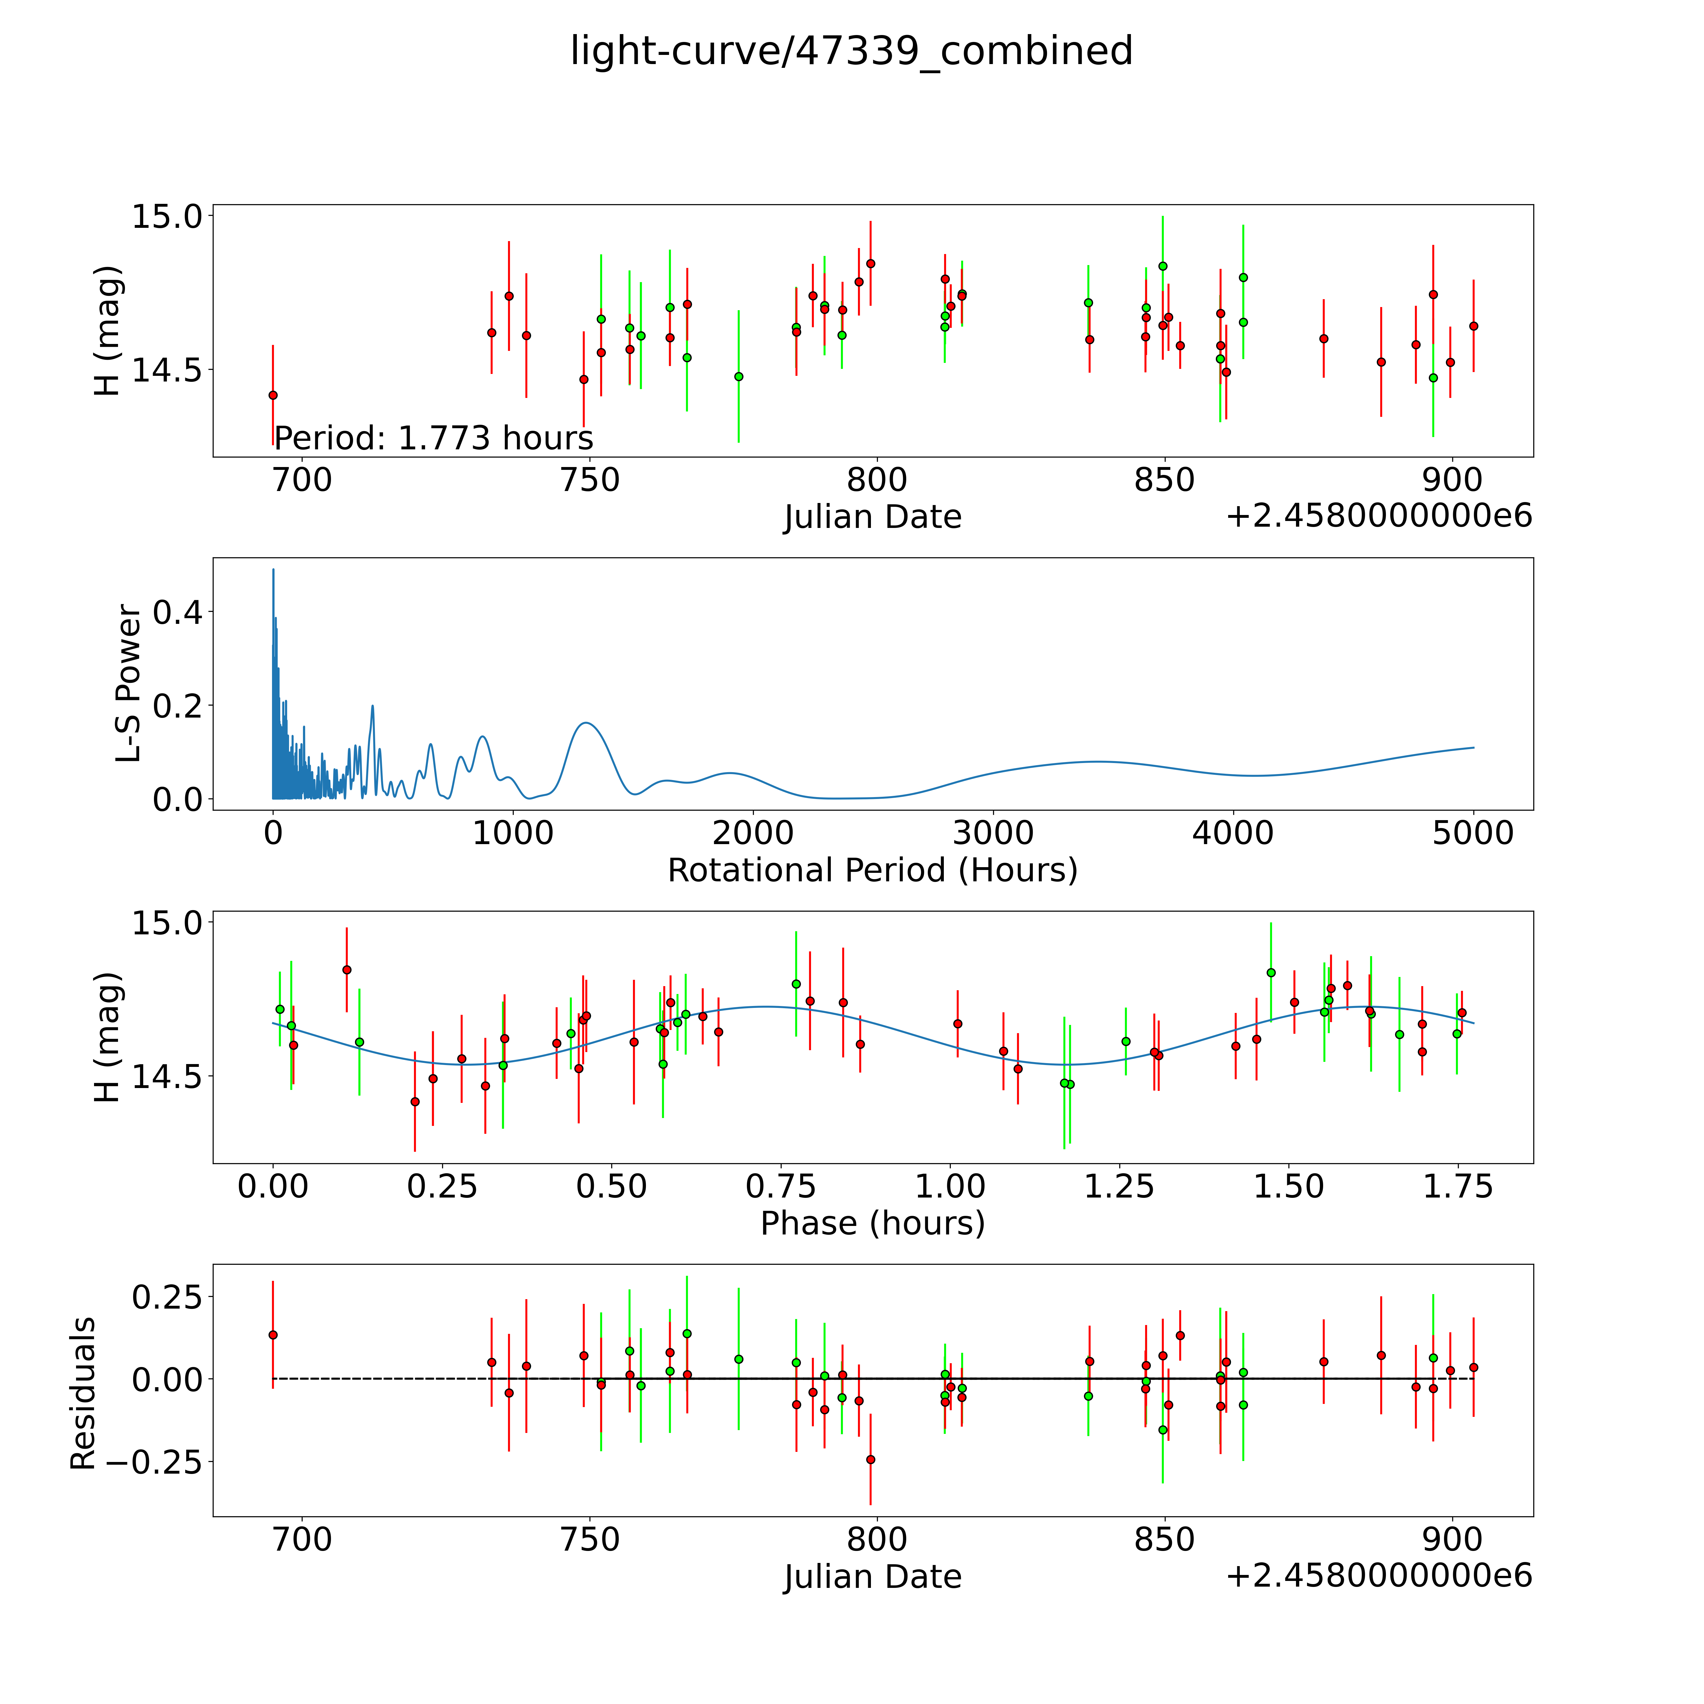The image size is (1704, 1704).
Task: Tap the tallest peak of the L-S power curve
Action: [273, 570]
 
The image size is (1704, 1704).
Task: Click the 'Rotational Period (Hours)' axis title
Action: [872, 871]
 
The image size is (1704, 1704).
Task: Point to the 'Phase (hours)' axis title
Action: [872, 1223]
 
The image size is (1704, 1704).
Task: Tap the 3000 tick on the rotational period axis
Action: [993, 833]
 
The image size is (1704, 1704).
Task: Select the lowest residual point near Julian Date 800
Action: [871, 1460]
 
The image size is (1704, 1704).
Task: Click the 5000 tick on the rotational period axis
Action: [1473, 833]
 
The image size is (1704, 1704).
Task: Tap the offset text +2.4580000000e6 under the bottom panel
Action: [1379, 1575]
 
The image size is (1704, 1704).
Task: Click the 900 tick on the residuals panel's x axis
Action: [1453, 1540]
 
